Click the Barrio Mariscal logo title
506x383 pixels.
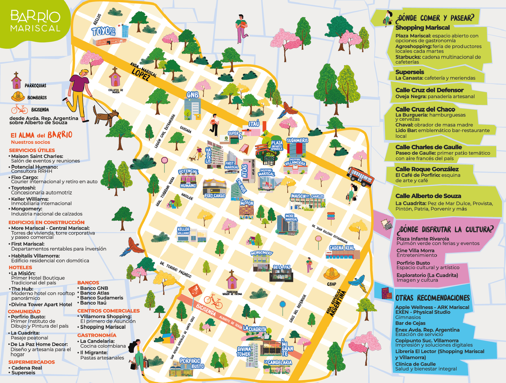(35, 21)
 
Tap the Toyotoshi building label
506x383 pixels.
(103, 31)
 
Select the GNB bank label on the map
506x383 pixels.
(193, 95)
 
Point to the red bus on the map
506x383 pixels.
(360, 176)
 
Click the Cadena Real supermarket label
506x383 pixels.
(342, 248)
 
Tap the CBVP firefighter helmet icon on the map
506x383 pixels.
(331, 274)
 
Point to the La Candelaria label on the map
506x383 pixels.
(278, 362)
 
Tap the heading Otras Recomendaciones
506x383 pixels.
(432, 298)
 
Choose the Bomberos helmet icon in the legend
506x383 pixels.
(18, 96)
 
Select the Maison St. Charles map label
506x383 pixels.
(307, 196)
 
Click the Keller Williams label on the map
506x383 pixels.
(183, 231)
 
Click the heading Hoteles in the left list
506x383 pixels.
(21, 267)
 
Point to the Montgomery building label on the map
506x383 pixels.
(262, 253)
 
